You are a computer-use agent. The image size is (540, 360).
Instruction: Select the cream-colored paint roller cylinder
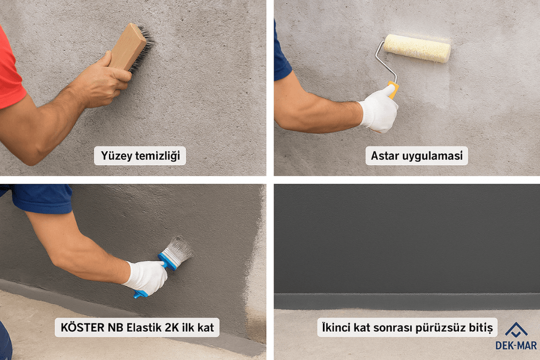tap(417, 48)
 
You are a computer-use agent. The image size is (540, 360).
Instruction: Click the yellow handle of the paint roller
tap(393, 89)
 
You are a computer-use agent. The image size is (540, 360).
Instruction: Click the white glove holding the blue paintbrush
tap(146, 278)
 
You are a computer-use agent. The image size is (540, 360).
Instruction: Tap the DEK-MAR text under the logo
tap(516, 345)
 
